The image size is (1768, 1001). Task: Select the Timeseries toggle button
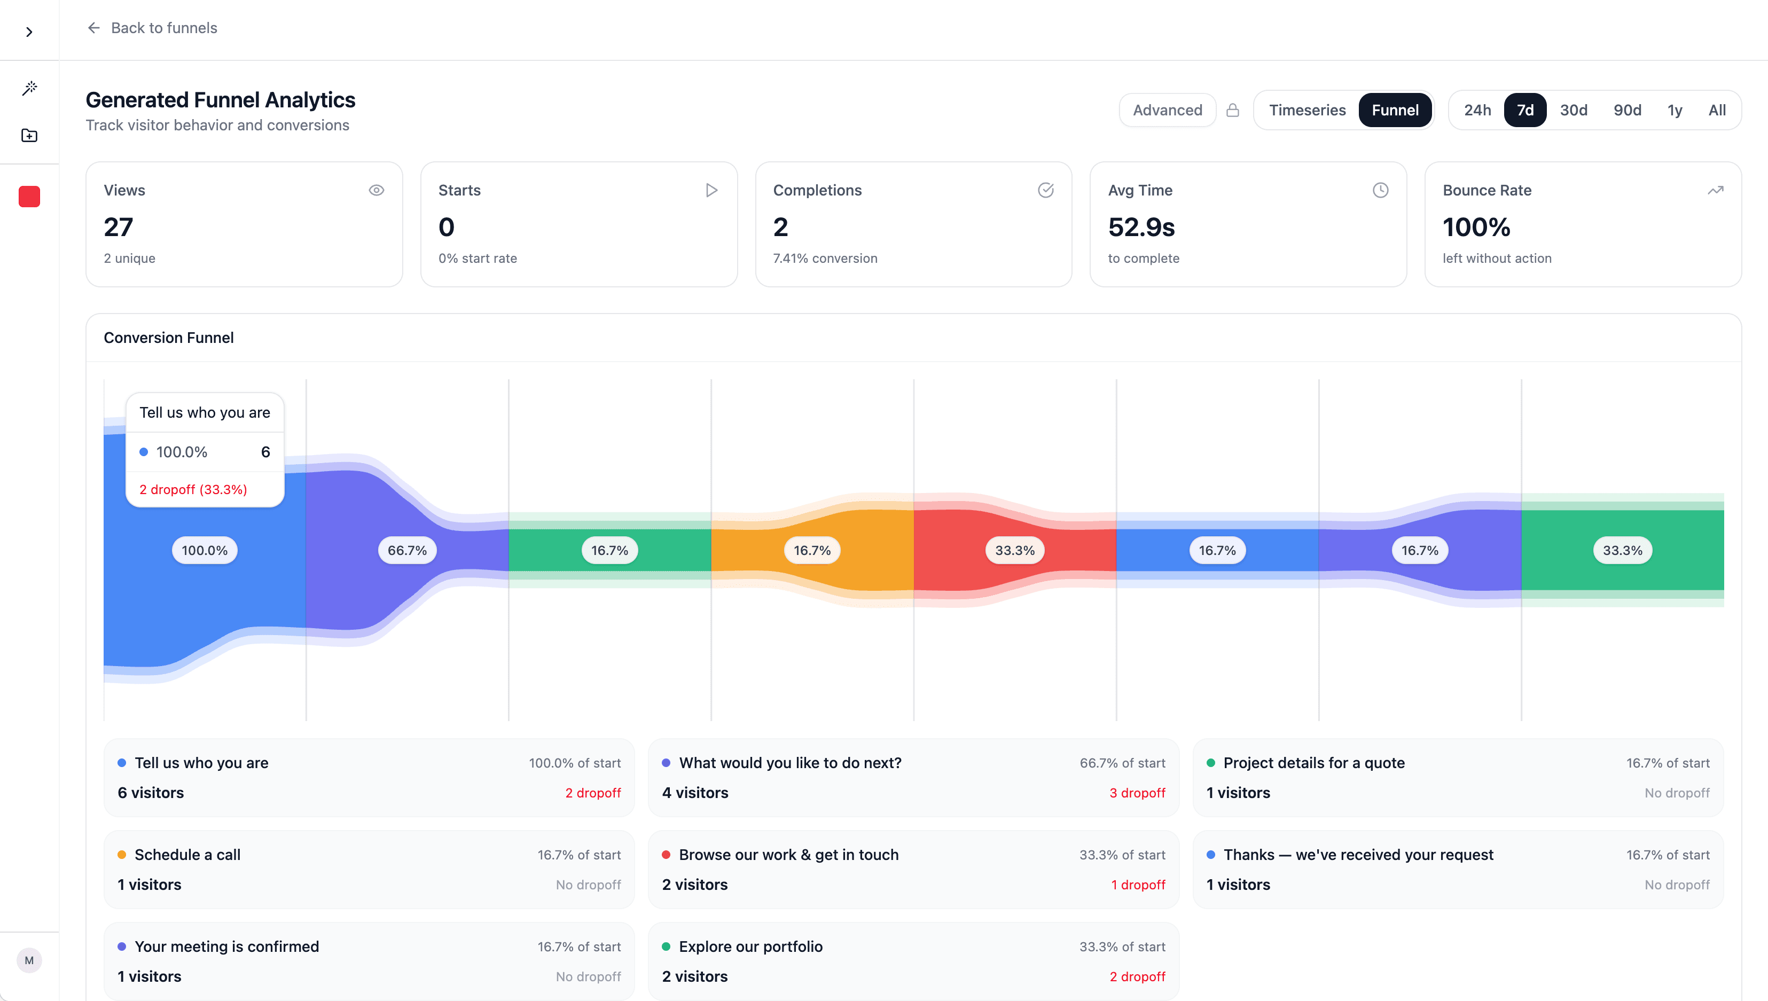pyautogui.click(x=1306, y=110)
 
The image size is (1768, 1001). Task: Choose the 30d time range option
pyautogui.click(x=1573, y=110)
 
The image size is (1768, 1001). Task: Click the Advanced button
pyautogui.click(x=1167, y=110)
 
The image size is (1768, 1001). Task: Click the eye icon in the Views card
pyautogui.click(x=376, y=191)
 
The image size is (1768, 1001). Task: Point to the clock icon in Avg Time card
pyautogui.click(x=1380, y=191)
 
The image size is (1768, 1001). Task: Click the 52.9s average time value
pyautogui.click(x=1141, y=228)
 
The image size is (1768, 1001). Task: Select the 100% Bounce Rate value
pyautogui.click(x=1476, y=228)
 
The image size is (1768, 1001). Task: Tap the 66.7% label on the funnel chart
pyautogui.click(x=407, y=551)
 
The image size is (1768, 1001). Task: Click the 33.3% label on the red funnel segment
pyautogui.click(x=1015, y=551)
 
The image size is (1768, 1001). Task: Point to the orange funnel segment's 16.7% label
pyautogui.click(x=812, y=551)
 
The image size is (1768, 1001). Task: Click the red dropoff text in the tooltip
pyautogui.click(x=193, y=489)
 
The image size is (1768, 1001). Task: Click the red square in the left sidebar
pyautogui.click(x=29, y=197)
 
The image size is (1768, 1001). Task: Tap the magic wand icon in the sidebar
pyautogui.click(x=29, y=88)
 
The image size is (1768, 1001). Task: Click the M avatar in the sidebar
pyautogui.click(x=29, y=960)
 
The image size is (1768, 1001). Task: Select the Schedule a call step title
pyautogui.click(x=187, y=855)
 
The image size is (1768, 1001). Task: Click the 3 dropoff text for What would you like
pyautogui.click(x=1137, y=793)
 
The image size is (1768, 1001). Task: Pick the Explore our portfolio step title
pyautogui.click(x=750, y=947)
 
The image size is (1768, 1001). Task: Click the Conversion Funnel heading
pyautogui.click(x=168, y=338)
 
